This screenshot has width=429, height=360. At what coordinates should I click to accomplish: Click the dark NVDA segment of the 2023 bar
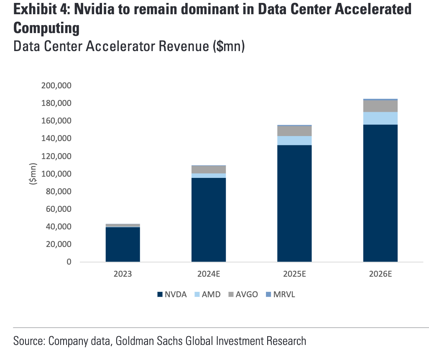point(123,244)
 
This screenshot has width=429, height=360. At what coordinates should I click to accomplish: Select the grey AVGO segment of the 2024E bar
point(209,169)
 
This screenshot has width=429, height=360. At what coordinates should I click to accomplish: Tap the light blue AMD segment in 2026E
point(380,118)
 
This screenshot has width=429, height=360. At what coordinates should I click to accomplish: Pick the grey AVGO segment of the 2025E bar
point(294,131)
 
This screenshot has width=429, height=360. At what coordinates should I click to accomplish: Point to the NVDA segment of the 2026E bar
point(380,193)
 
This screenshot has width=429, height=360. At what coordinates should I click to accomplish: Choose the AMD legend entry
point(207,294)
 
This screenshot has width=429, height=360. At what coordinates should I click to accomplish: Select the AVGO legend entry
point(242,294)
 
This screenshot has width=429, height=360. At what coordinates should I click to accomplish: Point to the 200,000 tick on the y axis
point(57,85)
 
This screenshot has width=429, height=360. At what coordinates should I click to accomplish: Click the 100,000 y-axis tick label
point(57,174)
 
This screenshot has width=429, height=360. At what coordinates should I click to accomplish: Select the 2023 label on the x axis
point(123,275)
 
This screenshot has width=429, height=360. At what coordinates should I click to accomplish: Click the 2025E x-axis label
point(294,275)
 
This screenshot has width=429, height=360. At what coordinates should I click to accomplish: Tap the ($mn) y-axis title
point(33,174)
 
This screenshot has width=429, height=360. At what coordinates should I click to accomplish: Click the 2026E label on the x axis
point(380,275)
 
